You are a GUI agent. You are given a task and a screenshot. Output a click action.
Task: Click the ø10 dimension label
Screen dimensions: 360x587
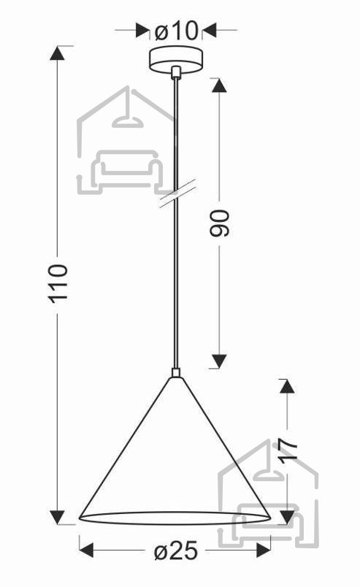pyautogui.click(x=176, y=31)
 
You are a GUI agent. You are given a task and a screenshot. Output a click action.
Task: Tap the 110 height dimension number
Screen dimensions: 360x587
pyautogui.click(x=58, y=283)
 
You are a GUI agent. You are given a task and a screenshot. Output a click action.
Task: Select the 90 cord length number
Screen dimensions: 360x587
pyautogui.click(x=220, y=223)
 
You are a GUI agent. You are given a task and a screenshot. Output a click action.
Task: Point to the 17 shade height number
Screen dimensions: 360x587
pyautogui.click(x=289, y=451)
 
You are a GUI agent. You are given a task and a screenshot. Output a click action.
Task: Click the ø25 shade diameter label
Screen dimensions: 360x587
pyautogui.click(x=176, y=550)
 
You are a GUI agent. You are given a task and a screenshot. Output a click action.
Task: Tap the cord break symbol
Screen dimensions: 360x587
pyautogui.click(x=177, y=193)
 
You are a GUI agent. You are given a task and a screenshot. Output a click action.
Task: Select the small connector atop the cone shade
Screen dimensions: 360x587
pyautogui.click(x=176, y=373)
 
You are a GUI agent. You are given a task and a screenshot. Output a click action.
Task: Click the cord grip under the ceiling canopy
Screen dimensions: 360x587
pyautogui.click(x=175, y=72)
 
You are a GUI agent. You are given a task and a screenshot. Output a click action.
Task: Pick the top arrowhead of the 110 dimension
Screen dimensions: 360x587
pyautogui.click(x=57, y=53)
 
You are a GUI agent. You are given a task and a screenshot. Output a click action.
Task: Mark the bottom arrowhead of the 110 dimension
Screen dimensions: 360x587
pyautogui.click(x=57, y=517)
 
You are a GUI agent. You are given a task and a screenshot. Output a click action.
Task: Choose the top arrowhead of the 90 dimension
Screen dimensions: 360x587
pyautogui.click(x=219, y=85)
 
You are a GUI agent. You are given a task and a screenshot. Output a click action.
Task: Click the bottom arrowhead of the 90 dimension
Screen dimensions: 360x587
pyautogui.click(x=219, y=361)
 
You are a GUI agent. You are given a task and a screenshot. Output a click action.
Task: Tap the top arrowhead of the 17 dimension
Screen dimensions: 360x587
pyautogui.click(x=287, y=386)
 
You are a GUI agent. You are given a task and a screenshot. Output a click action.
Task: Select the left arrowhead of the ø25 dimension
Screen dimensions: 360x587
pyautogui.click(x=87, y=550)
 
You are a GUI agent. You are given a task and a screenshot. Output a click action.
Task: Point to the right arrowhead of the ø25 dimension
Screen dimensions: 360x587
pyautogui.click(x=264, y=550)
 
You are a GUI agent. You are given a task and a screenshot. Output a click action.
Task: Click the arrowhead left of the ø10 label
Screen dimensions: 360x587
pyautogui.click(x=141, y=31)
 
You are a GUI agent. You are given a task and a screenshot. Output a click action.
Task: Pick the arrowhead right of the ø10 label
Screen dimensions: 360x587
pyautogui.click(x=210, y=31)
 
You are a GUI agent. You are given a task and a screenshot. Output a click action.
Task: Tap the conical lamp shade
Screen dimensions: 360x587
pyautogui.click(x=175, y=450)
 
